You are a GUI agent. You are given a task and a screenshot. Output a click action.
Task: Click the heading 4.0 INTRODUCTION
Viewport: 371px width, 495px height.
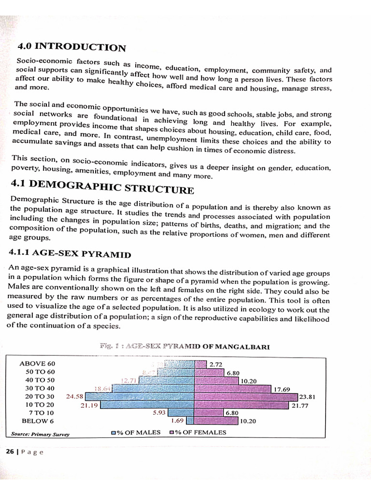[x=71, y=47]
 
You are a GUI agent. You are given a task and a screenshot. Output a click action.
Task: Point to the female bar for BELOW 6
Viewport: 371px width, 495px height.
[x=216, y=421]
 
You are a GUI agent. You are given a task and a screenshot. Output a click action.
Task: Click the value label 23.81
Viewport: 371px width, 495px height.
[x=307, y=397]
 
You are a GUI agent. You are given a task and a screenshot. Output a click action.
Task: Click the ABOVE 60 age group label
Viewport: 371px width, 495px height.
[x=38, y=364]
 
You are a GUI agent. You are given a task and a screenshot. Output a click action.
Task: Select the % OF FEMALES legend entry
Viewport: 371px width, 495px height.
[x=198, y=433]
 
